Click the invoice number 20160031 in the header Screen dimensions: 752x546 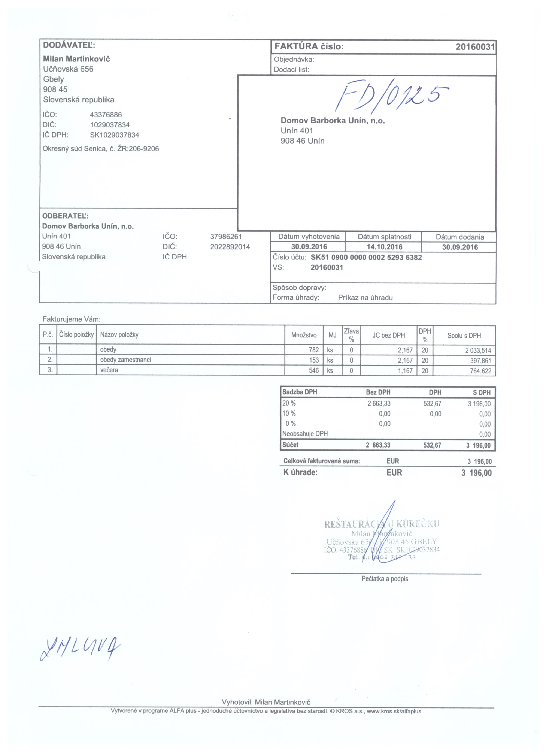click(x=475, y=47)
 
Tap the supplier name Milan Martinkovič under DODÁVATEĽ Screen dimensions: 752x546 click(x=76, y=59)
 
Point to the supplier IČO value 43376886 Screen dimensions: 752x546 click(x=106, y=115)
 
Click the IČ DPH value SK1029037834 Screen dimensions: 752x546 click(x=114, y=135)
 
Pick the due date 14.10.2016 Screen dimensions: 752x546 click(x=384, y=247)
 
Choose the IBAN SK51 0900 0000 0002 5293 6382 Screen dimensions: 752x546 click(x=366, y=257)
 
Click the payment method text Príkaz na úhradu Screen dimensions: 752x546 click(x=365, y=297)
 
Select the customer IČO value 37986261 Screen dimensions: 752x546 click(x=226, y=236)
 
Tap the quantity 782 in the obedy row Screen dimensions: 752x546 click(x=313, y=350)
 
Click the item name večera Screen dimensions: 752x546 click(x=109, y=370)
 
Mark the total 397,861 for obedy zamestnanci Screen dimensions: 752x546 click(x=480, y=360)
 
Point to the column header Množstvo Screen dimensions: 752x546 click(x=303, y=335)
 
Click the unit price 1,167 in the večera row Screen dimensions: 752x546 click(x=405, y=370)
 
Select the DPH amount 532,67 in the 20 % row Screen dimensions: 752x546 click(x=432, y=403)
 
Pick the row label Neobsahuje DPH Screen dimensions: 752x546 click(x=305, y=434)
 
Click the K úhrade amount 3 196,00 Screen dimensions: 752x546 click(x=476, y=473)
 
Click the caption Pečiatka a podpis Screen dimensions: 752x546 click(x=385, y=579)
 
